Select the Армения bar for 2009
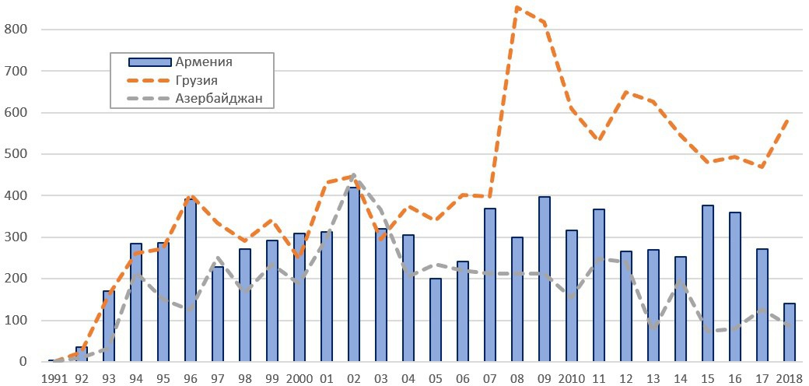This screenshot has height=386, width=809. [545, 279]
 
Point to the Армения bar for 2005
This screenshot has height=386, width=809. [436, 320]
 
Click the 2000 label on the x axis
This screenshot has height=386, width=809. [299, 377]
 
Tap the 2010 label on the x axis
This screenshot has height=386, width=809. [572, 377]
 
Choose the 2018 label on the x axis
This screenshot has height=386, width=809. [788, 377]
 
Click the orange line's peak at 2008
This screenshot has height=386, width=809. [517, 8]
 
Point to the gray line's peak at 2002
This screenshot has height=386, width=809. [354, 175]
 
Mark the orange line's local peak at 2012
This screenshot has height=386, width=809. [626, 93]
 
